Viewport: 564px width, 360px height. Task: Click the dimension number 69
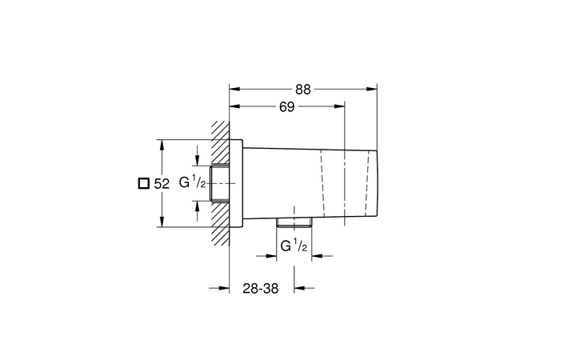click(287, 106)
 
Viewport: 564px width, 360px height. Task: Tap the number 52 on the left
click(162, 183)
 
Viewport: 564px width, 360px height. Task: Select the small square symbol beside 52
click(143, 183)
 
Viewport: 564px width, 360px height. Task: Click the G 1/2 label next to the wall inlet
click(192, 183)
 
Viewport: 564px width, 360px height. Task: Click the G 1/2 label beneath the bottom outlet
click(294, 246)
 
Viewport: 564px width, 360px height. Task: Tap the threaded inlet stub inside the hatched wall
click(219, 183)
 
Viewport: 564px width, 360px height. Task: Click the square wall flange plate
click(235, 182)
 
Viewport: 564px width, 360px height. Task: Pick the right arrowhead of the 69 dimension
click(341, 106)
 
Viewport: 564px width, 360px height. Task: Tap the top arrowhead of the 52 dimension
click(162, 145)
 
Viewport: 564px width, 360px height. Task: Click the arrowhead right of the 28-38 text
click(298, 287)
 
